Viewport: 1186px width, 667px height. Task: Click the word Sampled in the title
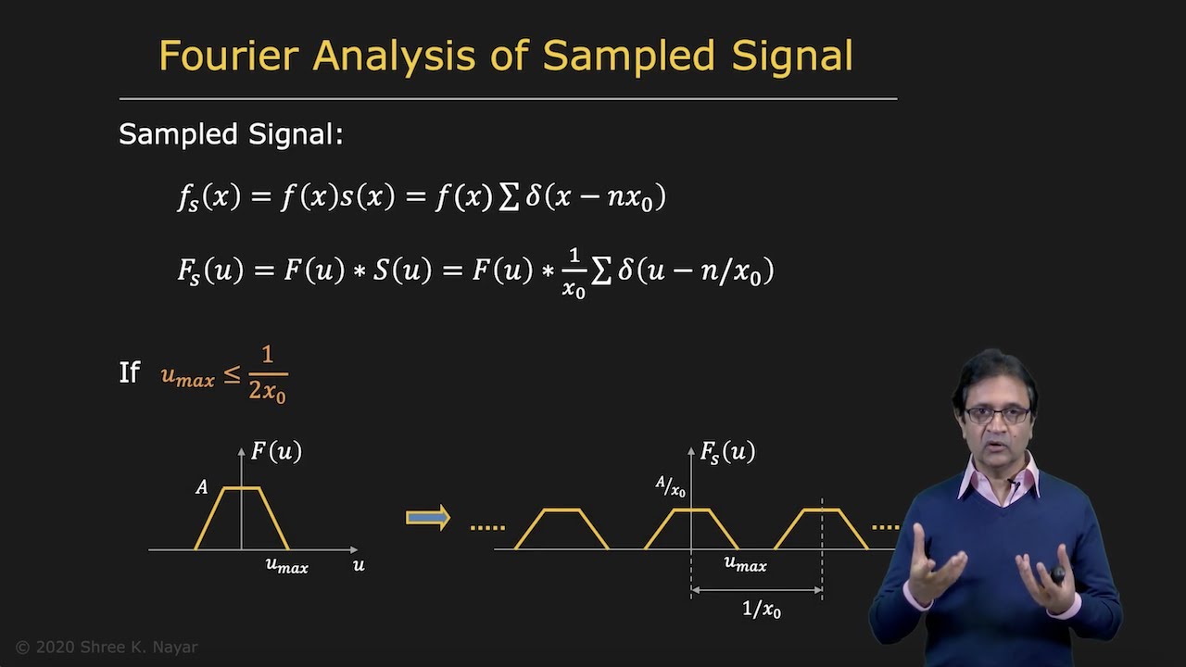(x=629, y=56)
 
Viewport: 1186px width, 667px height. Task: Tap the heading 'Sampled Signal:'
(x=231, y=135)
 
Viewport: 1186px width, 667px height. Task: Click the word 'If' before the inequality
(x=129, y=372)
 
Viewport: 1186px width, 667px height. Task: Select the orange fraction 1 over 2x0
(x=267, y=373)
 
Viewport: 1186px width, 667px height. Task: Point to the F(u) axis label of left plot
(x=276, y=451)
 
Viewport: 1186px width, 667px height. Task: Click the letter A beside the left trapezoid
(x=201, y=487)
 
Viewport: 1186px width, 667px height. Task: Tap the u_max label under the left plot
(x=286, y=564)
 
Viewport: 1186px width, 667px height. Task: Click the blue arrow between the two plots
(x=427, y=518)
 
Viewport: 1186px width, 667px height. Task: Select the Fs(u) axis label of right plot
(x=727, y=452)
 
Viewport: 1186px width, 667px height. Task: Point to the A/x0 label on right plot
(x=670, y=486)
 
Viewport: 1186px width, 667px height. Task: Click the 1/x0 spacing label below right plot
(x=761, y=609)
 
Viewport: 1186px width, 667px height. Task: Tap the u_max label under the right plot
(x=745, y=563)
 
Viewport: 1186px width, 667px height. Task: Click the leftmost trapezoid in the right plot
(x=561, y=528)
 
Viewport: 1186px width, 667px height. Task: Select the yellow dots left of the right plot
(x=487, y=527)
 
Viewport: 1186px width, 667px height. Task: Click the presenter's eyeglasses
(x=997, y=414)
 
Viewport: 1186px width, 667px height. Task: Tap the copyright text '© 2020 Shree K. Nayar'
(x=107, y=648)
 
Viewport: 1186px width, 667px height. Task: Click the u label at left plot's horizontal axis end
(x=359, y=564)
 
